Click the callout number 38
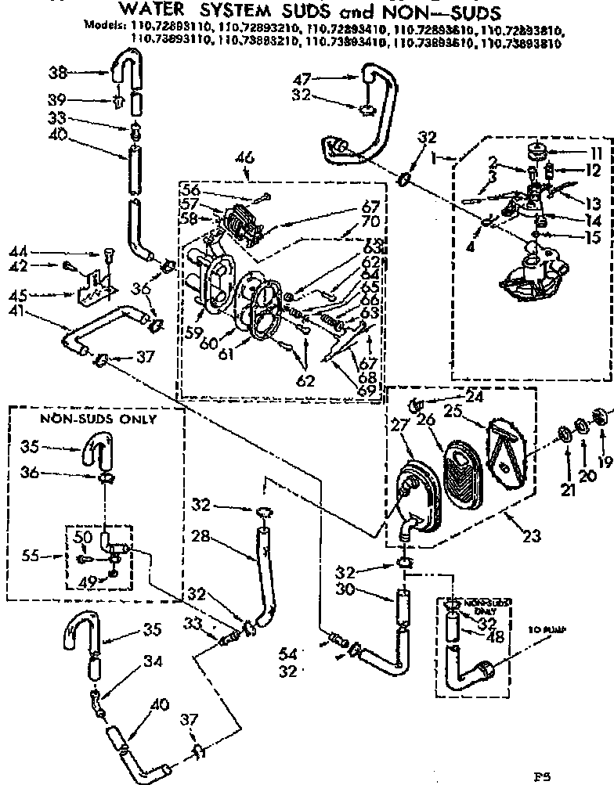click(57, 72)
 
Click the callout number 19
click(604, 463)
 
